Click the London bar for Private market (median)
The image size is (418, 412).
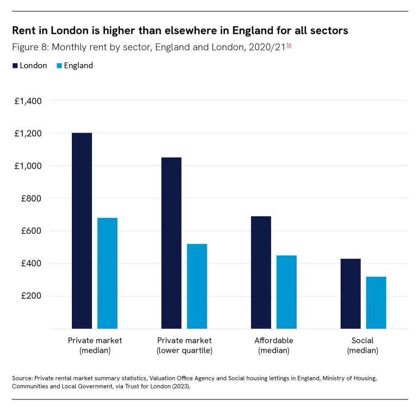click(82, 230)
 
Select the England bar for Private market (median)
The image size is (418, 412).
click(107, 273)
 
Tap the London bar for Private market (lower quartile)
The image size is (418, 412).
click(171, 243)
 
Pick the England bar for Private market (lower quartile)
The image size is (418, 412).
click(197, 286)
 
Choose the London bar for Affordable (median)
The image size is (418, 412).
click(261, 272)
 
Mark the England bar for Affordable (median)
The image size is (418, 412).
click(286, 292)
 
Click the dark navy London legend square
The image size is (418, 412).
click(15, 66)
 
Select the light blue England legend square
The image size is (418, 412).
click(59, 66)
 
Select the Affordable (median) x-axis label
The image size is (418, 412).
click(274, 346)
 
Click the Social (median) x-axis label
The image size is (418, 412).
click(362, 346)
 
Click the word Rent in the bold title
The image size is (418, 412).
click(23, 30)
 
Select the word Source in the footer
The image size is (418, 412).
click(21, 377)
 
